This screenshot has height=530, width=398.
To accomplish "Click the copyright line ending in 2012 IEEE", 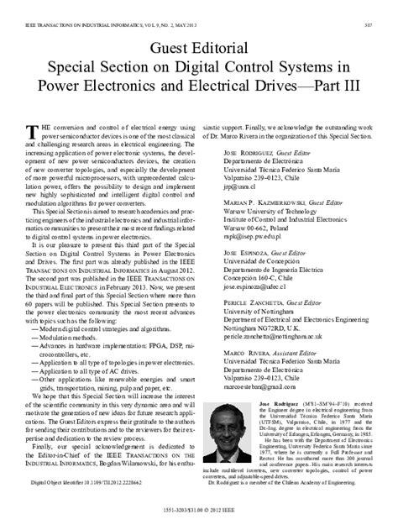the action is point(198,519).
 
